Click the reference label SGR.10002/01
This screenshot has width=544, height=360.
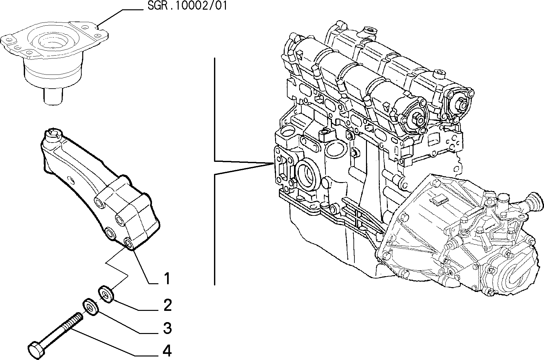(x=187, y=6)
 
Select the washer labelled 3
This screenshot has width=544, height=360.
(x=91, y=307)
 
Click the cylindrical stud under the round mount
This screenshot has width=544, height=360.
(x=53, y=96)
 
